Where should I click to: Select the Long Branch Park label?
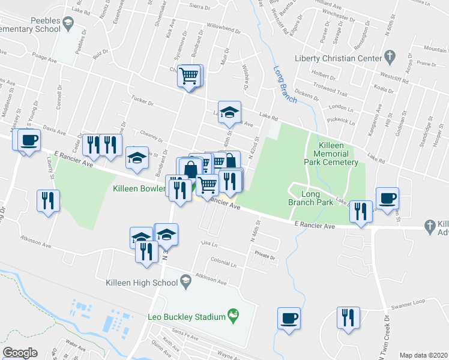tap(310, 198)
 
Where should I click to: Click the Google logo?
tap(19, 353)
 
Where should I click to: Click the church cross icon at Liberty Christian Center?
tap(390, 58)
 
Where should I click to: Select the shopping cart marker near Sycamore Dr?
tap(190, 76)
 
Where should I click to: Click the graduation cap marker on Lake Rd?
tap(228, 112)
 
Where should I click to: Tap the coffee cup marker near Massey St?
tap(28, 140)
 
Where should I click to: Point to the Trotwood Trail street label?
tap(330, 93)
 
